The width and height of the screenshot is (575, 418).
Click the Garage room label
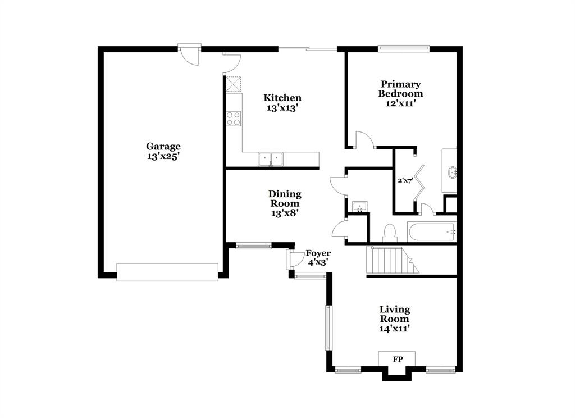click(163, 152)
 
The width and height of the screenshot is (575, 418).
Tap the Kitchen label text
click(282, 102)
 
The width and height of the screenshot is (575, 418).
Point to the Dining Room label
click(285, 203)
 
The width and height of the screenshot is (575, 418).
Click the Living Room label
click(394, 319)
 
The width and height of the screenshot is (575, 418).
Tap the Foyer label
click(318, 257)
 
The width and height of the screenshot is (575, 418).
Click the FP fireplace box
click(396, 358)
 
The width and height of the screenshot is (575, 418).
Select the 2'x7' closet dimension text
click(405, 180)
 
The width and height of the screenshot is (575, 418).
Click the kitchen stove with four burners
click(234, 119)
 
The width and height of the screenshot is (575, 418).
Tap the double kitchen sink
click(271, 160)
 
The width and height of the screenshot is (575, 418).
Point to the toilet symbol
click(390, 233)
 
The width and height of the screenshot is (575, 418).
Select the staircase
click(390, 260)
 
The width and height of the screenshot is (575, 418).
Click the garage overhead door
click(167, 271)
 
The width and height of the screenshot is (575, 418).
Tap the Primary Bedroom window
click(404, 48)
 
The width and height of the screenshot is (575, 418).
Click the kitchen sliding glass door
click(308, 49)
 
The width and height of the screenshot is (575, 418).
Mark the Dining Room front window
click(253, 245)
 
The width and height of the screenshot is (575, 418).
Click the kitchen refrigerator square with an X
click(234, 84)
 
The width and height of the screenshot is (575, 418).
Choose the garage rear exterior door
click(190, 49)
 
